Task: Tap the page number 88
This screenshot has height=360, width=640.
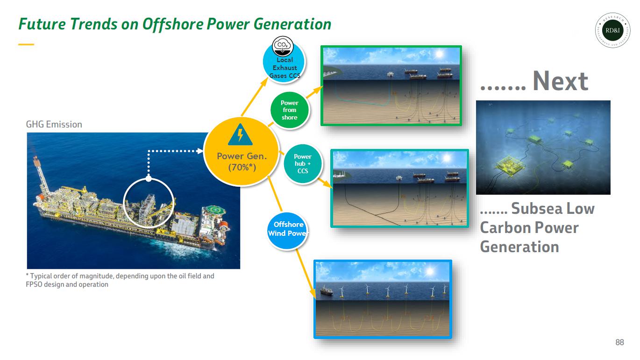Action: click(x=619, y=343)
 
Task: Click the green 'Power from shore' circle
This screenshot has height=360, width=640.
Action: click(x=289, y=110)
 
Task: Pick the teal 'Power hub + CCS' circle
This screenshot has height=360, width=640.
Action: click(x=302, y=164)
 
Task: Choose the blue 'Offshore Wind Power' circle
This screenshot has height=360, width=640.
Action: click(x=288, y=229)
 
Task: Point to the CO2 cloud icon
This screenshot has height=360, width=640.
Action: click(x=282, y=46)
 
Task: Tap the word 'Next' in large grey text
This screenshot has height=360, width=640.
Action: click(x=560, y=81)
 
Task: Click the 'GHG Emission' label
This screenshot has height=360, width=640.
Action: click(x=54, y=124)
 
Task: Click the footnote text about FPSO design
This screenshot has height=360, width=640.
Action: click(x=120, y=280)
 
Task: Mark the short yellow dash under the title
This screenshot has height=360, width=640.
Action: click(x=26, y=44)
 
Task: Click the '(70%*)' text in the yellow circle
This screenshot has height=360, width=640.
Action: click(x=242, y=167)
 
